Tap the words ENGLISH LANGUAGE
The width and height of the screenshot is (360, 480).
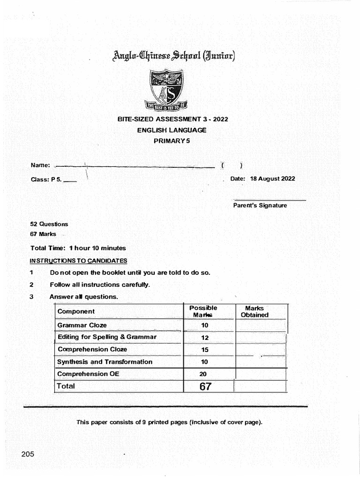pos(172,130)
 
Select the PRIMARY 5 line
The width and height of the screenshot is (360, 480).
pos(172,141)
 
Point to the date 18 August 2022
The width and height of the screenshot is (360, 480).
pos(272,179)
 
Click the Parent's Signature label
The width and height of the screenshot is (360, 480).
pos(260,205)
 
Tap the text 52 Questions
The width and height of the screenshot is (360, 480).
pos(49,224)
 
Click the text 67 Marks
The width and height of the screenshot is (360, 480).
pos(43,234)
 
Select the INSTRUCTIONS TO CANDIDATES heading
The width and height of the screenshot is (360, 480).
pos(78,261)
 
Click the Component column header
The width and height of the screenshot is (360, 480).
pos(76,311)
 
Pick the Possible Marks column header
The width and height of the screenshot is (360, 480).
pos(203,311)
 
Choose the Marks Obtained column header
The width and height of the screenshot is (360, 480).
pos(255,312)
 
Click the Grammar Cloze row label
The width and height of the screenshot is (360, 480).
pos(82,325)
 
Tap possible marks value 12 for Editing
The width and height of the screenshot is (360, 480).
pos(204,337)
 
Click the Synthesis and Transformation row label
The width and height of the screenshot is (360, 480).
pos(105,362)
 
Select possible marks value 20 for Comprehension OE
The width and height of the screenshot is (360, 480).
pos(203,374)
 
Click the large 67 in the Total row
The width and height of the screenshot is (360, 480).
pos(205,386)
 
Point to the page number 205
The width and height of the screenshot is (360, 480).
pos(28,454)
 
